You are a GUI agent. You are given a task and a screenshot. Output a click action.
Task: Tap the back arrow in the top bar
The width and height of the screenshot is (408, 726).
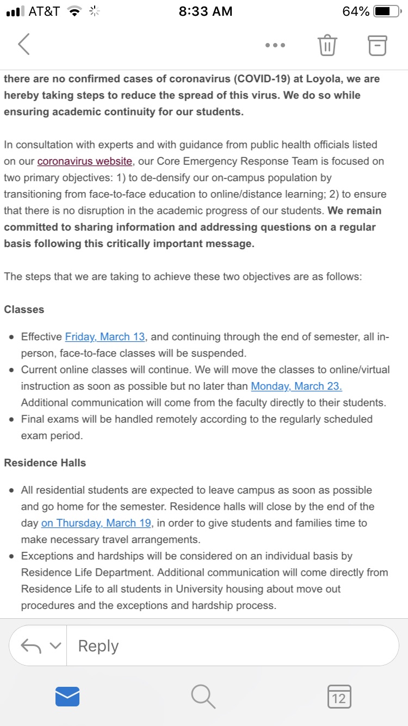click(23, 45)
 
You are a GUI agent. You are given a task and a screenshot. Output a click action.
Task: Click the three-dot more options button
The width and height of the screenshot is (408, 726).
click(275, 45)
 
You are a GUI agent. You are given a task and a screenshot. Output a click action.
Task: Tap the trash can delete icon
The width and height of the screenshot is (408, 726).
click(327, 45)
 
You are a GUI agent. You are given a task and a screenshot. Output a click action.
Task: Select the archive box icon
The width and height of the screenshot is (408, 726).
click(378, 45)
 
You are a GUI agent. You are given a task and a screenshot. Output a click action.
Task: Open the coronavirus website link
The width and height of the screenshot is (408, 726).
click(84, 161)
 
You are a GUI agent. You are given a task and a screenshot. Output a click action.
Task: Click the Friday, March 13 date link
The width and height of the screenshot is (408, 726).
click(106, 337)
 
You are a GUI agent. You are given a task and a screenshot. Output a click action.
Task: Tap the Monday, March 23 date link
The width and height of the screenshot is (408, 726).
click(296, 386)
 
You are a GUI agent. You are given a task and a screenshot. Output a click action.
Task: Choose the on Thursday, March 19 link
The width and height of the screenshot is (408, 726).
click(97, 523)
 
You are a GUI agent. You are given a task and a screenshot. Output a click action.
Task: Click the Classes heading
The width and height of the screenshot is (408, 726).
click(24, 309)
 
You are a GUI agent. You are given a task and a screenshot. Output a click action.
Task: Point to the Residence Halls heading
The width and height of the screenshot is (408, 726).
click(45, 463)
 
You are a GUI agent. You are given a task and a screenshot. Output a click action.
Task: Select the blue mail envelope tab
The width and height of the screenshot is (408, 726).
click(67, 697)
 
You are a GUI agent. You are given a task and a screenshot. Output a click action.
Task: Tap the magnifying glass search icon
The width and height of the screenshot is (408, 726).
click(203, 697)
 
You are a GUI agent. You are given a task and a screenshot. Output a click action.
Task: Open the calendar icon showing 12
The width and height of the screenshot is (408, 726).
click(339, 697)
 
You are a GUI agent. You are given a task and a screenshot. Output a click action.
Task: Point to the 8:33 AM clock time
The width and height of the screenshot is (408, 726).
click(205, 11)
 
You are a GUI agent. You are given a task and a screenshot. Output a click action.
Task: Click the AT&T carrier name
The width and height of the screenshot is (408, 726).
click(44, 11)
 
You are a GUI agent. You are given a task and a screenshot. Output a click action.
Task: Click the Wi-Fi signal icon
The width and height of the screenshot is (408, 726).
click(73, 11)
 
